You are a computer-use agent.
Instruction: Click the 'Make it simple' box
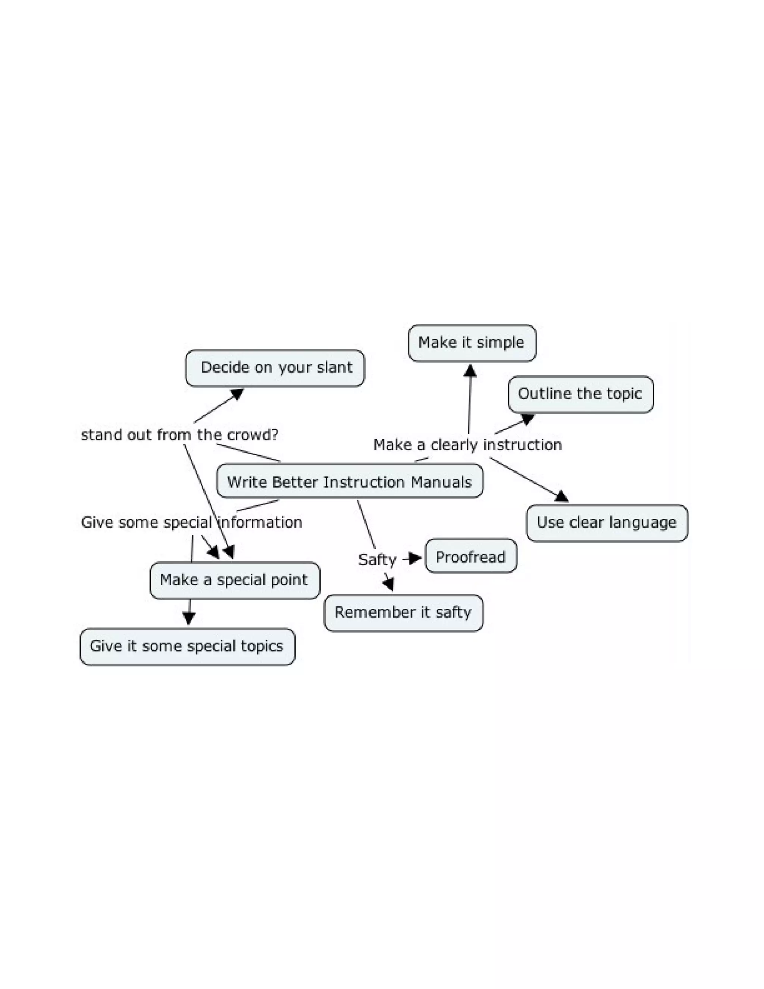pyautogui.click(x=472, y=343)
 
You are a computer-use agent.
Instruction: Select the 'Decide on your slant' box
pyautogui.click(x=275, y=368)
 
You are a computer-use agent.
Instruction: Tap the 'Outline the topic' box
pyautogui.click(x=580, y=394)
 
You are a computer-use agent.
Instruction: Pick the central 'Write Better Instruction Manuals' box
pyautogui.click(x=350, y=481)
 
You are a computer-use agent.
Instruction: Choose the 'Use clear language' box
pyautogui.click(x=607, y=522)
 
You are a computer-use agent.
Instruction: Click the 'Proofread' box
pyautogui.click(x=471, y=556)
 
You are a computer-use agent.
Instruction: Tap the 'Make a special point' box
pyautogui.click(x=234, y=580)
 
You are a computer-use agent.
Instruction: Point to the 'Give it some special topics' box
pyautogui.click(x=187, y=646)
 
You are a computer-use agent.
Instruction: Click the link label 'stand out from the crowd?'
pyautogui.click(x=179, y=435)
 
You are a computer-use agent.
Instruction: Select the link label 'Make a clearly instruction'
pyautogui.click(x=467, y=445)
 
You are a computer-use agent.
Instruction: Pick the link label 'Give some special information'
pyautogui.click(x=191, y=522)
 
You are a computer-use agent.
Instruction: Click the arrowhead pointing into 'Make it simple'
pyautogui.click(x=470, y=371)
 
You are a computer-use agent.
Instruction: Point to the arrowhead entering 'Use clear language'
pyautogui.click(x=562, y=497)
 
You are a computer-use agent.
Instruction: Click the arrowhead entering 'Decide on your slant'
pyautogui.click(x=237, y=394)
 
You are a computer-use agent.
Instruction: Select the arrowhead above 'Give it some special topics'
pyautogui.click(x=189, y=618)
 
